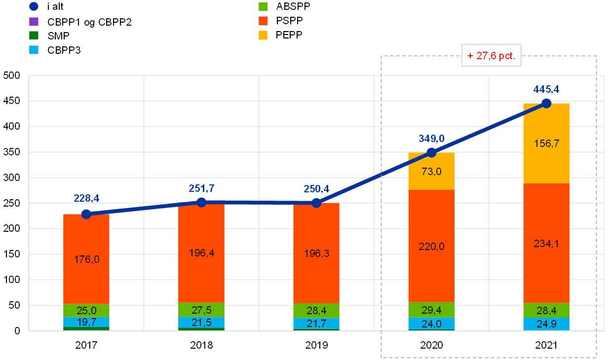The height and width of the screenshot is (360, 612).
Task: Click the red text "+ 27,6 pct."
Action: click(491, 56)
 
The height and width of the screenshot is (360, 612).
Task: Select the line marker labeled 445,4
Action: click(546, 103)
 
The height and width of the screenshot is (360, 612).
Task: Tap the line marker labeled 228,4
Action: click(86, 214)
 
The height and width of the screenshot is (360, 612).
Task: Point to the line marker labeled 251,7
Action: click(201, 202)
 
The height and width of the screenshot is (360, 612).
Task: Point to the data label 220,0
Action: click(431, 247)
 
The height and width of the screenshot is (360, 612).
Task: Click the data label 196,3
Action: click(316, 253)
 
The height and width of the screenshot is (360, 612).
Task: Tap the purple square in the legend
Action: click(34, 21)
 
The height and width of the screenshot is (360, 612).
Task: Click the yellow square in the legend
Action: click(263, 35)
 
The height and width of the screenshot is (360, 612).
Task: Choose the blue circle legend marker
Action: click(34, 6)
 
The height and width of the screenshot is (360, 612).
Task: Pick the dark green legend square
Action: click(34, 35)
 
